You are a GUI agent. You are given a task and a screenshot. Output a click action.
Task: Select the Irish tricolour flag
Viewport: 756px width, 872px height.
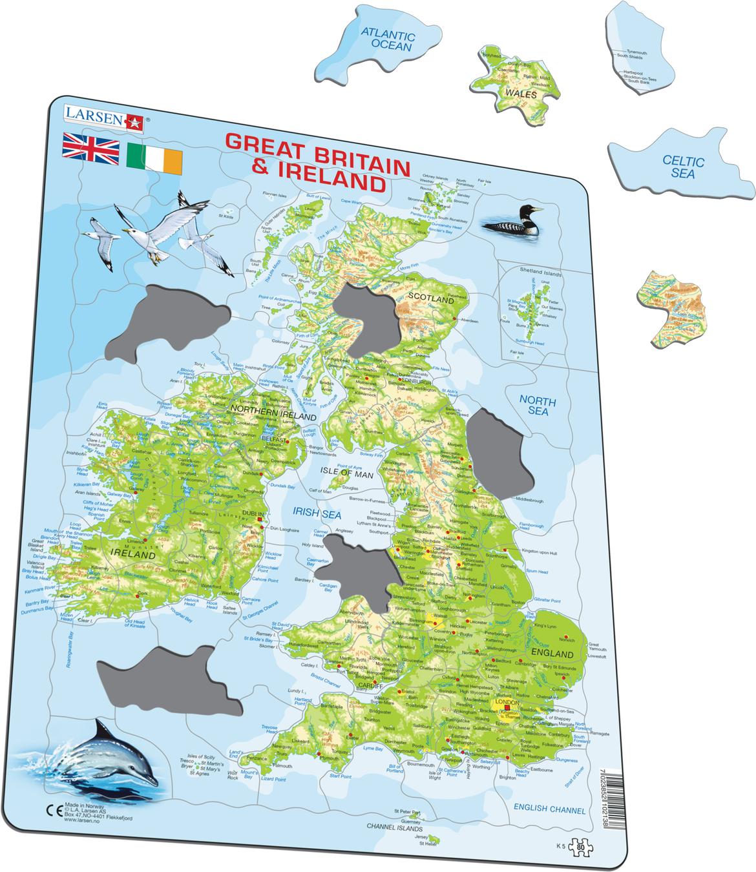(x=155, y=157)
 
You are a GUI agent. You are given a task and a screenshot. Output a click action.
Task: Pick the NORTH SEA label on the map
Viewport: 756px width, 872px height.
(x=538, y=405)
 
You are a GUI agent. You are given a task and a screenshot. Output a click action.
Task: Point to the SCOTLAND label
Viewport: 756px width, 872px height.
(x=430, y=299)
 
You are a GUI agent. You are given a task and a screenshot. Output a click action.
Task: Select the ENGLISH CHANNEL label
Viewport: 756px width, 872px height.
(x=549, y=809)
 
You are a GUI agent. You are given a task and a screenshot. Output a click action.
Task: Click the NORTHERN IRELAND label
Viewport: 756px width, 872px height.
(x=262, y=411)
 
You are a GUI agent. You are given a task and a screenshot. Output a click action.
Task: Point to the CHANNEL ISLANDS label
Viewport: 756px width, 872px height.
(x=394, y=827)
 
